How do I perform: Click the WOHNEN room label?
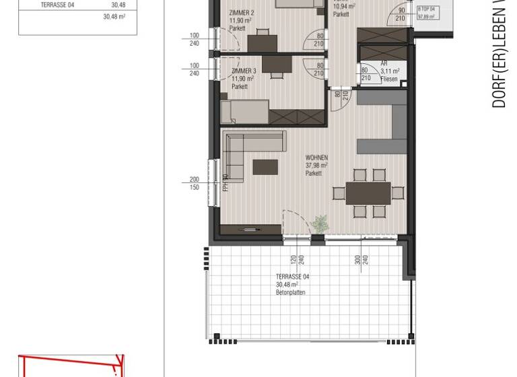[x=316, y=158]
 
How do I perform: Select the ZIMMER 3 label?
[x=243, y=71]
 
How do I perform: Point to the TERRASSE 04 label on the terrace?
[x=293, y=277]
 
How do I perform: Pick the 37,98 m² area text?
[x=316, y=165]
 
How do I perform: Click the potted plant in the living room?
[x=320, y=224]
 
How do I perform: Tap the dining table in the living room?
[x=368, y=193]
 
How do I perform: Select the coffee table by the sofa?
[x=265, y=166]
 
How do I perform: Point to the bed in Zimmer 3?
[x=245, y=111]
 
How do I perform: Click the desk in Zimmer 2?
[x=263, y=43]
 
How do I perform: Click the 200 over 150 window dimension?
[x=195, y=183]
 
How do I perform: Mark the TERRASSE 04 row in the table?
[x=77, y=5]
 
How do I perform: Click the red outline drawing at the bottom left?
[x=71, y=365]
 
